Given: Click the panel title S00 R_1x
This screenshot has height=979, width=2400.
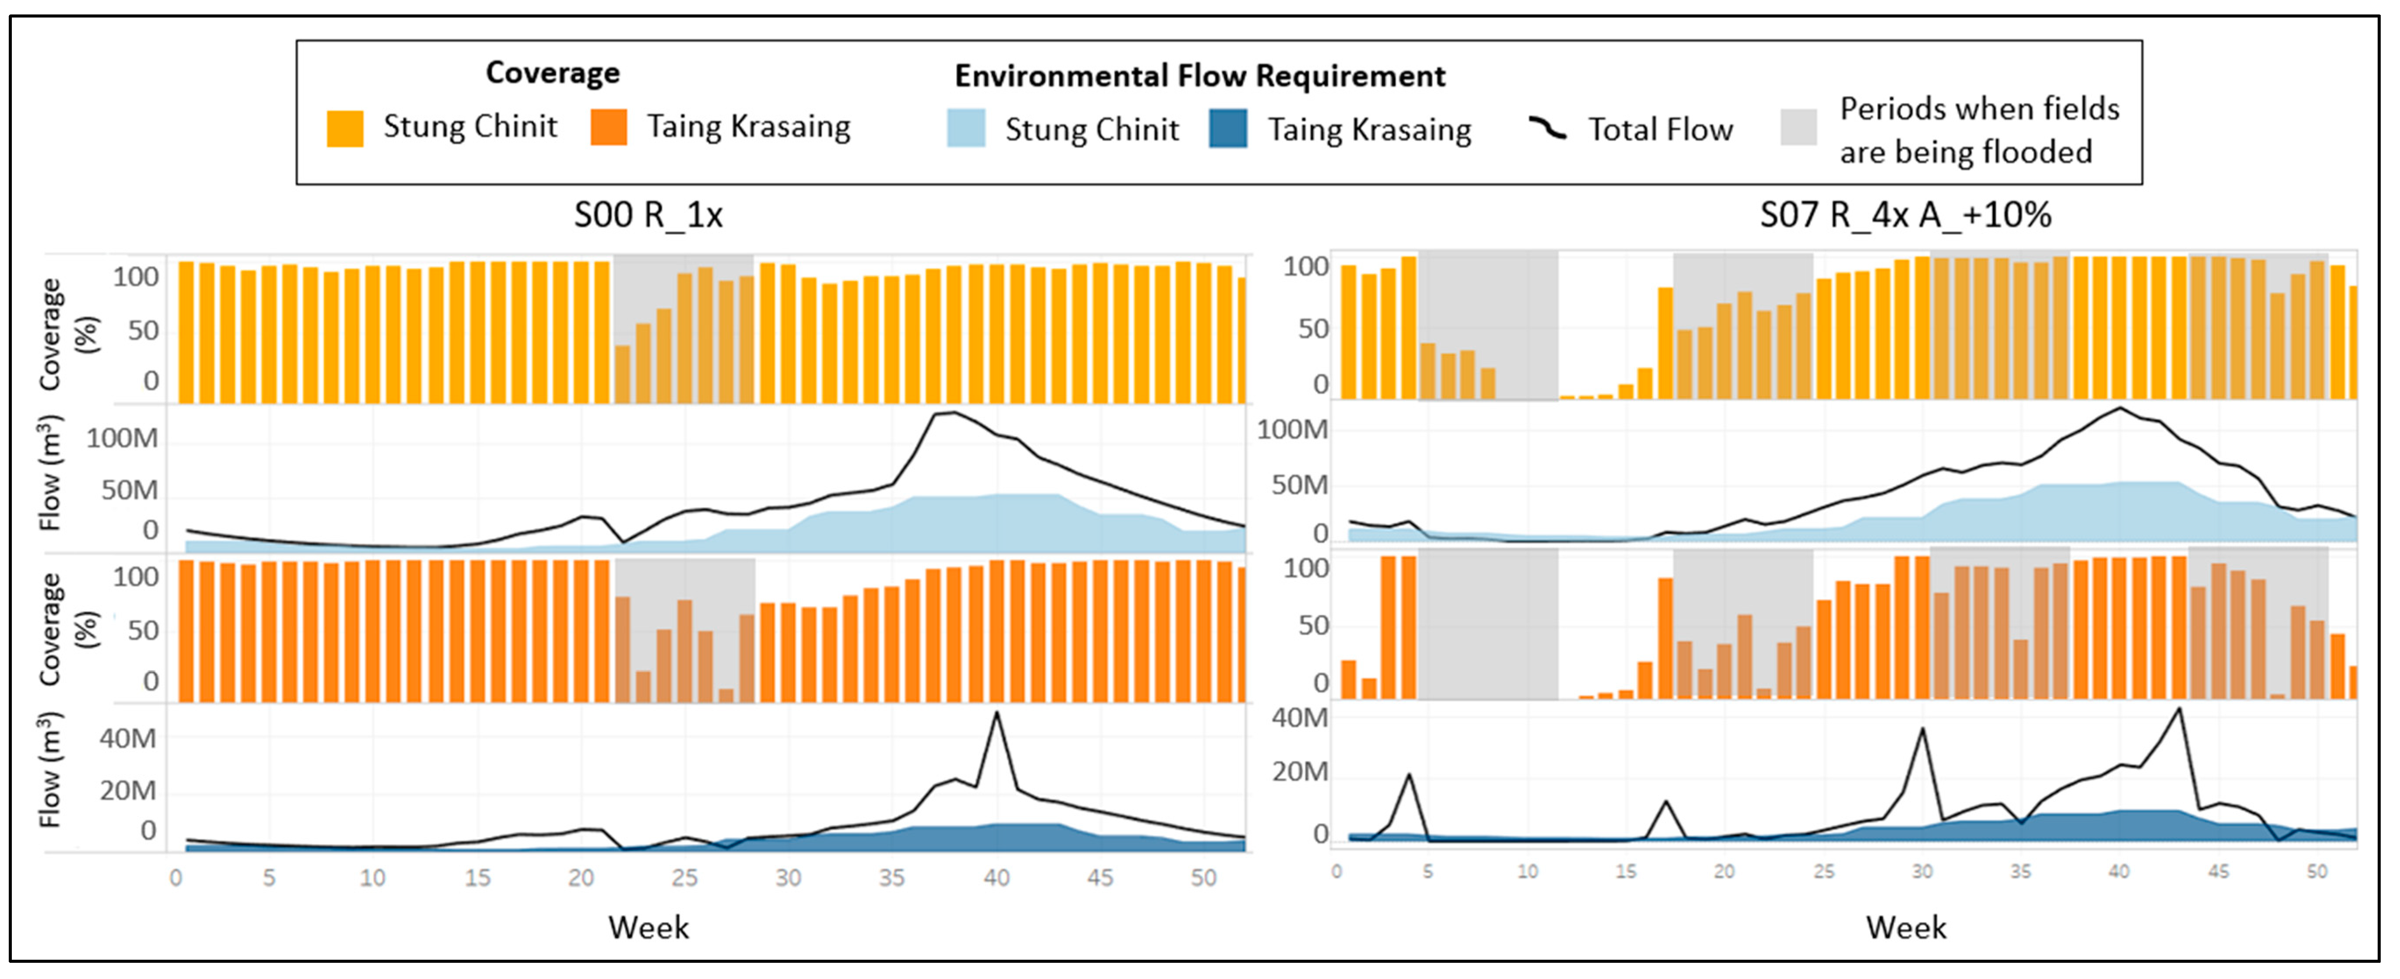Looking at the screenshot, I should [649, 215].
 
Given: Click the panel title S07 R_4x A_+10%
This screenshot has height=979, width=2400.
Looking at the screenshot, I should [1905, 215].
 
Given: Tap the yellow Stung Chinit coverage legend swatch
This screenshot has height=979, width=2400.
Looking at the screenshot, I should [345, 128].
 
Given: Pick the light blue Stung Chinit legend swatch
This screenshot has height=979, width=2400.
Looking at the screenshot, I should [966, 128].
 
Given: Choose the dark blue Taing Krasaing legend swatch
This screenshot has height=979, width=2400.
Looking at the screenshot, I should [1228, 128].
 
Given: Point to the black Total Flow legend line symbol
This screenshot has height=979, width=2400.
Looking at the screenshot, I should [1548, 128].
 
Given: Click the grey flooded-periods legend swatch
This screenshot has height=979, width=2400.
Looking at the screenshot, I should [1798, 127].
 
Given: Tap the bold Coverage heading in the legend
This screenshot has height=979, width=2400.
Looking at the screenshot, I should [553, 73].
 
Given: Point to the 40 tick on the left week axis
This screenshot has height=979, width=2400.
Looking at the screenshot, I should [996, 877].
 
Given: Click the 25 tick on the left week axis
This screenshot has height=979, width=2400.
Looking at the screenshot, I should [685, 877].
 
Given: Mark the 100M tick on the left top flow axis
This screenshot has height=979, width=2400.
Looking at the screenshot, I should [122, 438].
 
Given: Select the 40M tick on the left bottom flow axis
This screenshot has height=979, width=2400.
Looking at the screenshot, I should [128, 739].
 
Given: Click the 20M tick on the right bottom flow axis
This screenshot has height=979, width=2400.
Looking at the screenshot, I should [1300, 772].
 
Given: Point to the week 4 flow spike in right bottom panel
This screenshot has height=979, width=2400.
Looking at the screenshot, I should [1409, 775].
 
